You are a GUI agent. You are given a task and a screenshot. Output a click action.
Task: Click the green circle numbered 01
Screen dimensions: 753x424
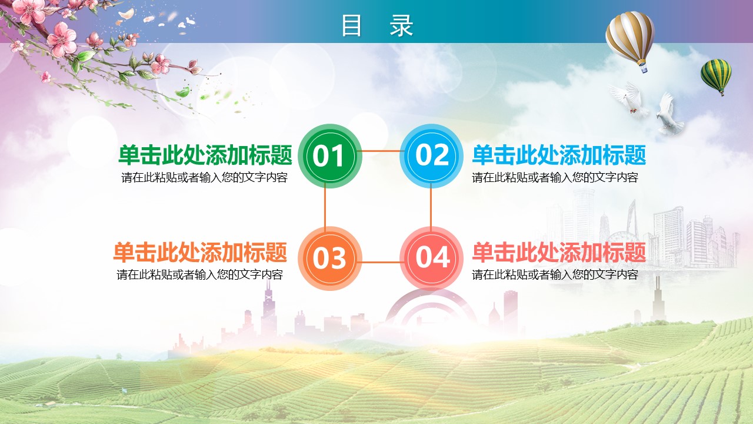click(x=330, y=156)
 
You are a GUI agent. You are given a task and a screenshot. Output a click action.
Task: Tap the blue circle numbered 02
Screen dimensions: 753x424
click(x=432, y=156)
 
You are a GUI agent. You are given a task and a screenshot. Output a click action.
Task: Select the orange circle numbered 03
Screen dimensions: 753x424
click(x=330, y=259)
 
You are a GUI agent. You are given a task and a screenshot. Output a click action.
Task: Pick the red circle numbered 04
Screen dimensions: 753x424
click(x=432, y=259)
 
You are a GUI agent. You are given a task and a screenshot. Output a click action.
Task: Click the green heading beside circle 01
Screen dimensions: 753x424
click(x=205, y=155)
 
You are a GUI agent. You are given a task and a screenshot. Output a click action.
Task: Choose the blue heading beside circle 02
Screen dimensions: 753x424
click(x=559, y=155)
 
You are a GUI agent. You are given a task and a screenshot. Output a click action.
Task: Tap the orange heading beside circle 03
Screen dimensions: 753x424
click(x=201, y=252)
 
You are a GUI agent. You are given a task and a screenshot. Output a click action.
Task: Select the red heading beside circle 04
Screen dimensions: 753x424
click(x=559, y=252)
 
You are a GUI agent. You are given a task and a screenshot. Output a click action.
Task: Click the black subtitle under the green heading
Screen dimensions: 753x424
click(x=204, y=177)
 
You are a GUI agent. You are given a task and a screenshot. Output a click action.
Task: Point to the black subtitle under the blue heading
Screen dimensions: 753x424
click(x=555, y=177)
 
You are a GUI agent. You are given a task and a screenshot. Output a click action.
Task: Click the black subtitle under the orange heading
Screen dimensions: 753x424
click(x=199, y=274)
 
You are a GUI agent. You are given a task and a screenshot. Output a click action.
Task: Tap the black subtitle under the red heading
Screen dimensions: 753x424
click(x=555, y=274)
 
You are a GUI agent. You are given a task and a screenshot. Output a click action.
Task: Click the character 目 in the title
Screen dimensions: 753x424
click(x=351, y=25)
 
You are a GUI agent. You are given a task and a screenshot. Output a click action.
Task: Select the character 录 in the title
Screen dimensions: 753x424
click(x=401, y=25)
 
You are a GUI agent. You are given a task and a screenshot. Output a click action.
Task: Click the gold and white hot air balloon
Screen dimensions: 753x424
click(x=630, y=41)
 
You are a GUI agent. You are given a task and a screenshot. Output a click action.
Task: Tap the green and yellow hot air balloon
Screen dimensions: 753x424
click(x=717, y=77)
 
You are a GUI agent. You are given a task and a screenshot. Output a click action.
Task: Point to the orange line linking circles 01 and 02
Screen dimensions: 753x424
click(x=381, y=151)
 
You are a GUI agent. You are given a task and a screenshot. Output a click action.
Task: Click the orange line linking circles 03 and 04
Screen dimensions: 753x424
click(x=381, y=262)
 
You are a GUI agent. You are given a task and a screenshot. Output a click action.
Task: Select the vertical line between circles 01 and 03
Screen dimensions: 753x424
click(x=325, y=207)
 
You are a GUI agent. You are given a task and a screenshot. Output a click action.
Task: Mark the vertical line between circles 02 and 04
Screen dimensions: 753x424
click(x=431, y=207)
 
